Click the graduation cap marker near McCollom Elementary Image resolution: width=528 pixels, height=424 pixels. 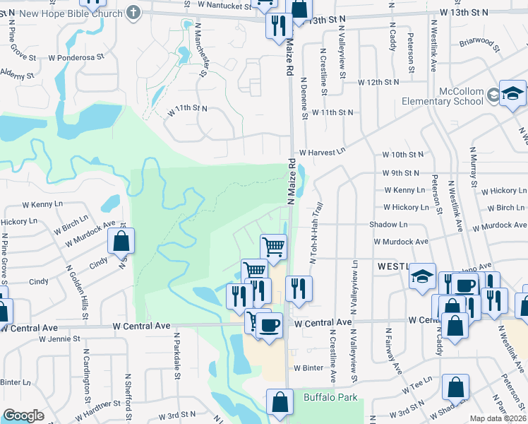[512, 93]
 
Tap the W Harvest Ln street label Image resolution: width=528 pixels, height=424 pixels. [323, 152]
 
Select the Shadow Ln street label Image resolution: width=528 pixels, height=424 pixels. [388, 224]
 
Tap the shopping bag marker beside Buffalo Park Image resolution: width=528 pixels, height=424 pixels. [280, 401]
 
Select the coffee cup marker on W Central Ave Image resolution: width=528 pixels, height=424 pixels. [269, 325]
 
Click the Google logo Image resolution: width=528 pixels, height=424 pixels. [24, 416]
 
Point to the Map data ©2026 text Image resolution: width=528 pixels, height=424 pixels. [498, 418]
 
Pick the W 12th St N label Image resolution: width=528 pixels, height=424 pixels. [378, 83]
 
